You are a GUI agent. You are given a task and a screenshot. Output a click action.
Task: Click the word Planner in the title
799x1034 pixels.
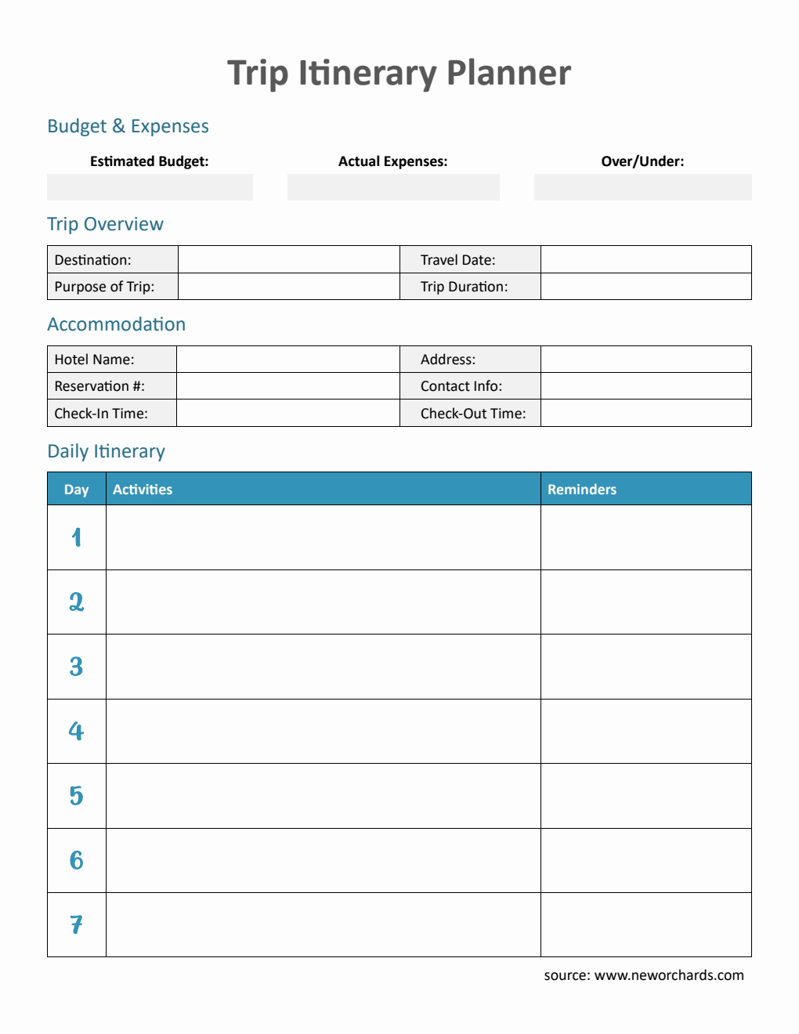pos(508,73)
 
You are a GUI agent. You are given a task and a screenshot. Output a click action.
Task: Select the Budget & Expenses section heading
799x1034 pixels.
pos(128,126)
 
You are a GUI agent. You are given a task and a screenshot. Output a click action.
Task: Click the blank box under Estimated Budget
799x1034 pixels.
pos(150,187)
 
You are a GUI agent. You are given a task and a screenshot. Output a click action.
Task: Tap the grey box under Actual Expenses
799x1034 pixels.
pos(393,187)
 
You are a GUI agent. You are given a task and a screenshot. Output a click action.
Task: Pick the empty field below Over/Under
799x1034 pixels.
pos(642,187)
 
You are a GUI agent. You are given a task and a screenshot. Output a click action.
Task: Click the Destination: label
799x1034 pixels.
pos(93,260)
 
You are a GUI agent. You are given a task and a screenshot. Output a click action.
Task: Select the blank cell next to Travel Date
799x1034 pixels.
pos(645,259)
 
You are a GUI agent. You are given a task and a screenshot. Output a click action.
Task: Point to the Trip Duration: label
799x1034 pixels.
pos(464,287)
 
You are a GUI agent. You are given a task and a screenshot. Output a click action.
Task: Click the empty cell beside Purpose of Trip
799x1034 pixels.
pos(288,287)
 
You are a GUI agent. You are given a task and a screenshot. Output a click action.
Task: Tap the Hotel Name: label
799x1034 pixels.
pos(94,360)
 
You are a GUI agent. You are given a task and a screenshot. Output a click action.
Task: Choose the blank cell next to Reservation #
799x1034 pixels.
pos(287,386)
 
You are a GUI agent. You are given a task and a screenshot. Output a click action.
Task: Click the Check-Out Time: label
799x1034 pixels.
pos(473,414)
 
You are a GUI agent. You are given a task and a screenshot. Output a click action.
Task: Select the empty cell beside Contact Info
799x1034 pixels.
pos(645,386)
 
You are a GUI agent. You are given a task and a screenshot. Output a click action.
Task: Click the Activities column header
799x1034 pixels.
pos(143,490)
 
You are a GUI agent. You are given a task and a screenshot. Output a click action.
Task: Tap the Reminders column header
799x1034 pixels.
pos(582,490)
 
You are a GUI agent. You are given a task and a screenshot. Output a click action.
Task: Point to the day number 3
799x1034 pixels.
pos(76,667)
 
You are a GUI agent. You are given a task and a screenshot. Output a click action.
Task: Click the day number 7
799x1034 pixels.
pos(76,925)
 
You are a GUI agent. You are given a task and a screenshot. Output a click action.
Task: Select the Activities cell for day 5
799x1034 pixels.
pos(323,796)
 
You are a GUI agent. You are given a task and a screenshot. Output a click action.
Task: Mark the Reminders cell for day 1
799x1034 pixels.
pos(645,537)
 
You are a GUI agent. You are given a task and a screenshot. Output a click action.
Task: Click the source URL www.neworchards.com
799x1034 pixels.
pos(669,975)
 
